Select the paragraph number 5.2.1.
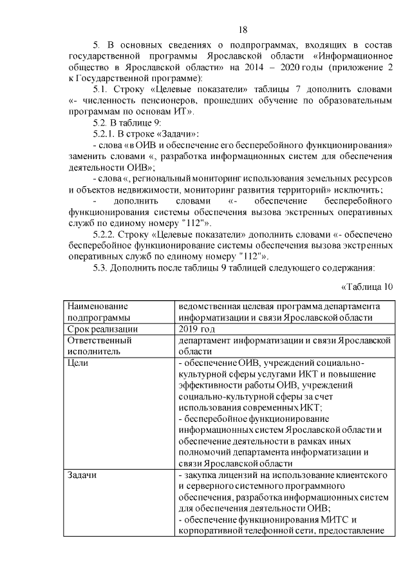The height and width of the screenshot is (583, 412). (107, 133)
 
